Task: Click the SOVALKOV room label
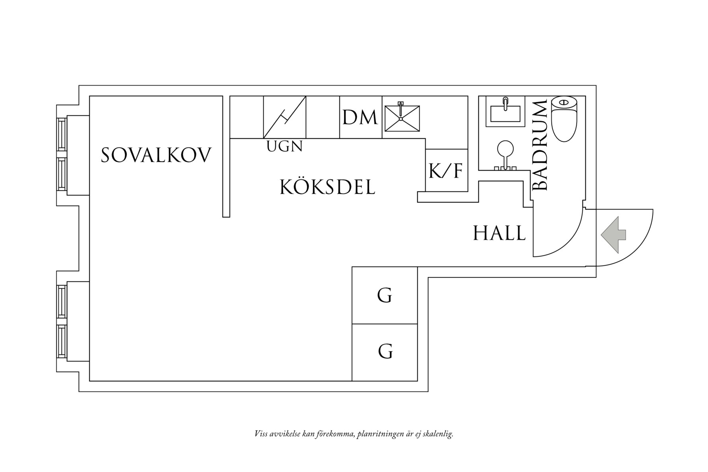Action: coord(156,155)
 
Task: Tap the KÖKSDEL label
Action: coord(327,187)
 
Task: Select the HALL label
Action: coord(499,233)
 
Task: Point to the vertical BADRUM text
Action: coord(540,145)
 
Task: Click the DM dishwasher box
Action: coord(360,117)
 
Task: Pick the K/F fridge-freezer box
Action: coord(446,171)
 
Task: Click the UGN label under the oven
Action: coord(284,147)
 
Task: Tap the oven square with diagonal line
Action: coord(285,117)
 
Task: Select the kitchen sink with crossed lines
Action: coord(401,118)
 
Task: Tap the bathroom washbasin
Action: coord(505,111)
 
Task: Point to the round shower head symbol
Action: coord(505,148)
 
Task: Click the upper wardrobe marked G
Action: coord(385,295)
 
